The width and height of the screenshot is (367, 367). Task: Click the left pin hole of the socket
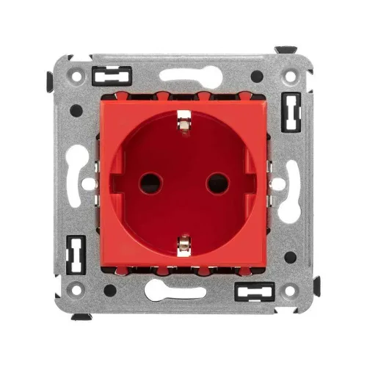coord(150,182)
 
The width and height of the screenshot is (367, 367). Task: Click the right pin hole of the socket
coord(217,182)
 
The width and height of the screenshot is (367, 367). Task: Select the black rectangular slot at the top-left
coord(112,74)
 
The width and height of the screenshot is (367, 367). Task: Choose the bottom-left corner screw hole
coord(76,291)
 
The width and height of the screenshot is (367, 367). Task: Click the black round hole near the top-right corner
coord(257,76)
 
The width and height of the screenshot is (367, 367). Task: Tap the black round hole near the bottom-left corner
coord(109,289)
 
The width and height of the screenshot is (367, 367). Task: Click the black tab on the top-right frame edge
coord(286,51)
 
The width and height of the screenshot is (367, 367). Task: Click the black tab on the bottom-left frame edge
coord(81,316)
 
